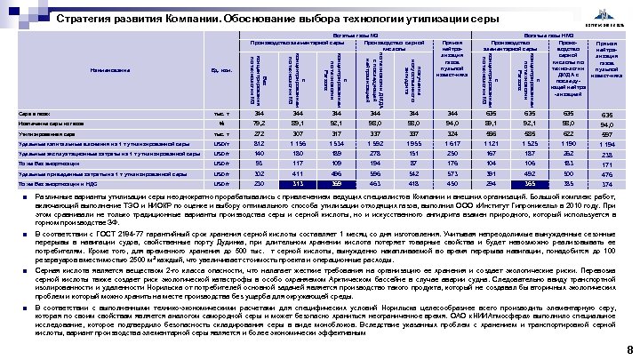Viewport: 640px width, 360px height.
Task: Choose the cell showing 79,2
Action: tap(259, 124)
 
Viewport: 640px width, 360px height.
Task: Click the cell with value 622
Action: tap(566, 133)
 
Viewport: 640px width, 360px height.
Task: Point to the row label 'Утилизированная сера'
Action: tap(50, 133)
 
